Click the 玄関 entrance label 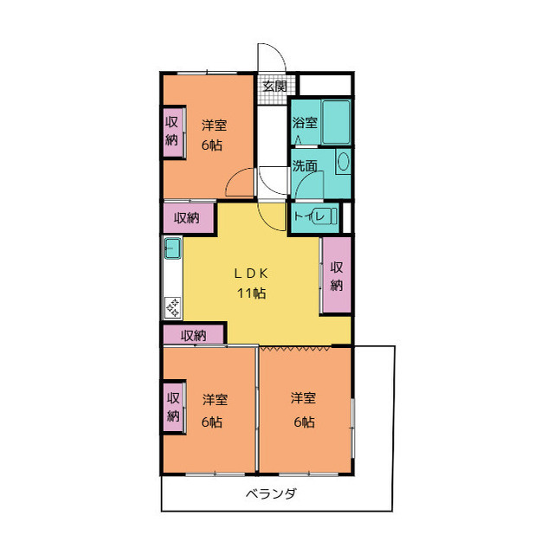pyautogui.click(x=274, y=86)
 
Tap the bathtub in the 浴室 pyautogui.click(x=336, y=122)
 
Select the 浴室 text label pyautogui.click(x=305, y=123)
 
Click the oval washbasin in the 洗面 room pyautogui.click(x=343, y=161)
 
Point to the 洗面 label pyautogui.click(x=305, y=165)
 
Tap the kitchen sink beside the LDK pyautogui.click(x=173, y=248)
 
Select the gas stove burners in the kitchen pyautogui.click(x=173, y=307)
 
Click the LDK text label pyautogui.click(x=251, y=274)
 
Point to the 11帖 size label pyautogui.click(x=251, y=293)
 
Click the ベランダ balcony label pyautogui.click(x=271, y=493)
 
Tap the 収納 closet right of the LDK pyautogui.click(x=337, y=275)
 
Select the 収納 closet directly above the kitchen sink pyautogui.click(x=189, y=218)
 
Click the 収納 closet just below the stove pyautogui.click(x=193, y=335)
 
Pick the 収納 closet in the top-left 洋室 pyautogui.click(x=173, y=132)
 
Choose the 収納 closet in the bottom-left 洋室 pyautogui.click(x=173, y=407)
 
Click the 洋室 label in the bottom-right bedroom pyautogui.click(x=303, y=398)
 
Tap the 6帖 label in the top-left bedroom pyautogui.click(x=212, y=145)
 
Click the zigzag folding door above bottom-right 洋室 pyautogui.click(x=295, y=348)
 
